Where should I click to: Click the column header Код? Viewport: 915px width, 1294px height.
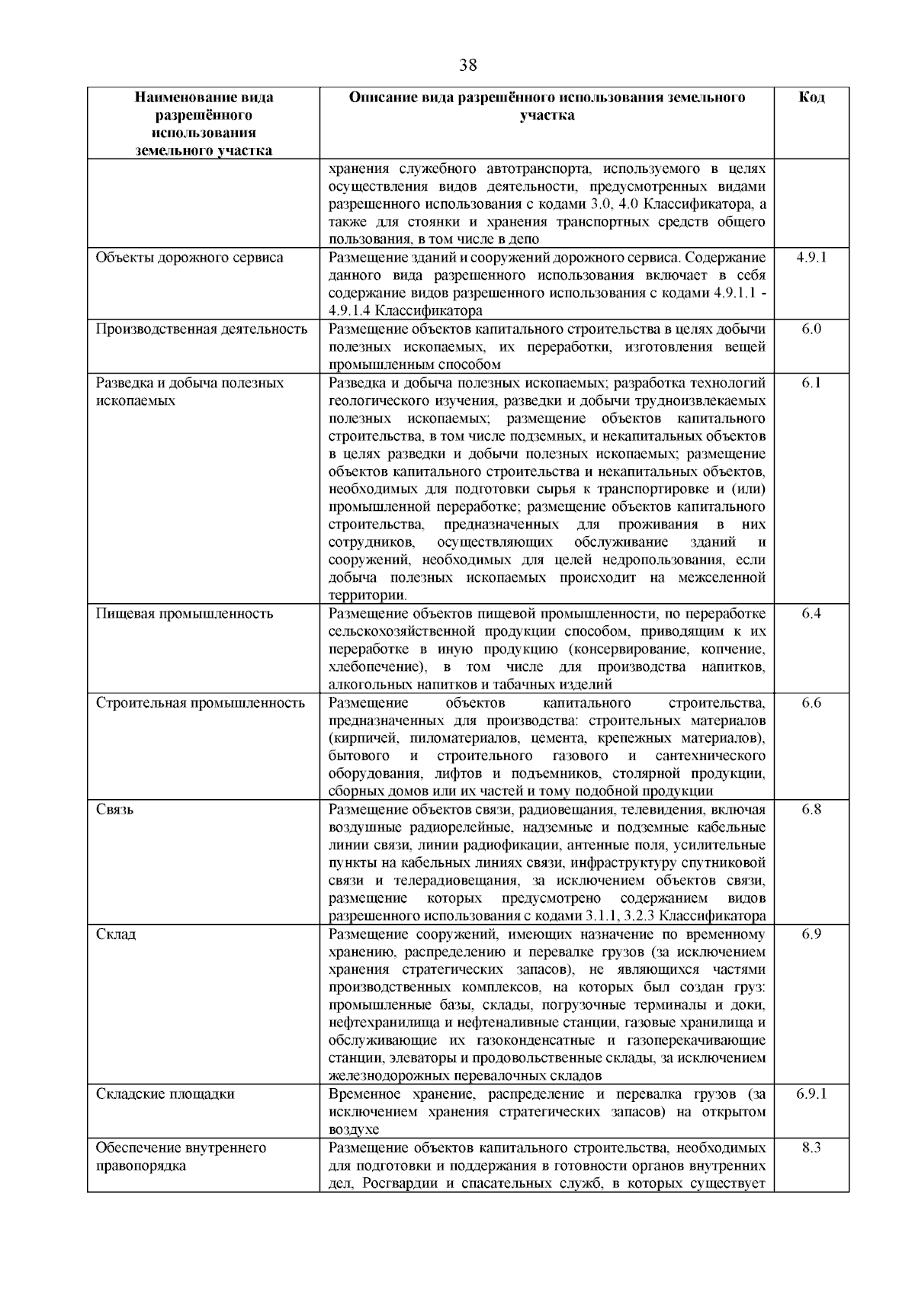pyautogui.click(x=811, y=98)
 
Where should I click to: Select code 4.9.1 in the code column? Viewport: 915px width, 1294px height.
pyautogui.click(x=811, y=258)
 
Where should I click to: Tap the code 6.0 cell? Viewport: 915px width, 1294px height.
pyautogui.click(x=811, y=329)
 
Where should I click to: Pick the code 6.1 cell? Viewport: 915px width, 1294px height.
pyautogui.click(x=811, y=383)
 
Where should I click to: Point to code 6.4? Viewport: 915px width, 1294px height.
pyautogui.click(x=811, y=614)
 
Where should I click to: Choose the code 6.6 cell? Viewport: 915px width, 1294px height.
pyautogui.click(x=811, y=703)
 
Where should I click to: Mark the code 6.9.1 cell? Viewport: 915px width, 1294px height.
pyautogui.click(x=811, y=1094)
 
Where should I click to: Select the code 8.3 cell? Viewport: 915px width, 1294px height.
pyautogui.click(x=811, y=1148)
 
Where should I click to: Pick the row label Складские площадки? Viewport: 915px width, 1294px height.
pyautogui.click(x=165, y=1094)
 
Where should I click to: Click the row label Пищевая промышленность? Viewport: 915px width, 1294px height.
pyautogui.click(x=185, y=614)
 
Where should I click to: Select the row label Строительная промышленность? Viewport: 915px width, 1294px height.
pyautogui.click(x=201, y=703)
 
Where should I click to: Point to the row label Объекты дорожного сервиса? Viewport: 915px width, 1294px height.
pyautogui.click(x=189, y=258)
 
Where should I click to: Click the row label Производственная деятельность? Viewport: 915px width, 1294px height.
pyautogui.click(x=202, y=329)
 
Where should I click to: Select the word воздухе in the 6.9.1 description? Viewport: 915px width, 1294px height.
pyautogui.click(x=354, y=1130)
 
